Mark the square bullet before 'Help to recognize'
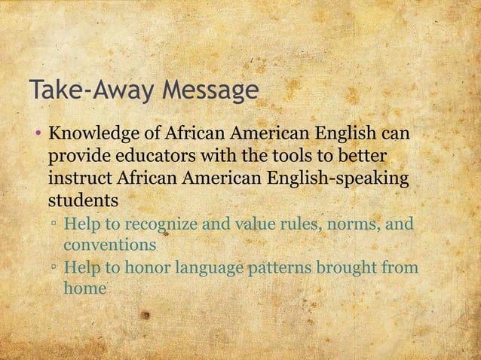tap(54, 224)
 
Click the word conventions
tap(109, 246)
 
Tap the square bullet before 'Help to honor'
tap(54, 268)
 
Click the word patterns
tap(282, 267)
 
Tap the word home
tap(84, 288)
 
